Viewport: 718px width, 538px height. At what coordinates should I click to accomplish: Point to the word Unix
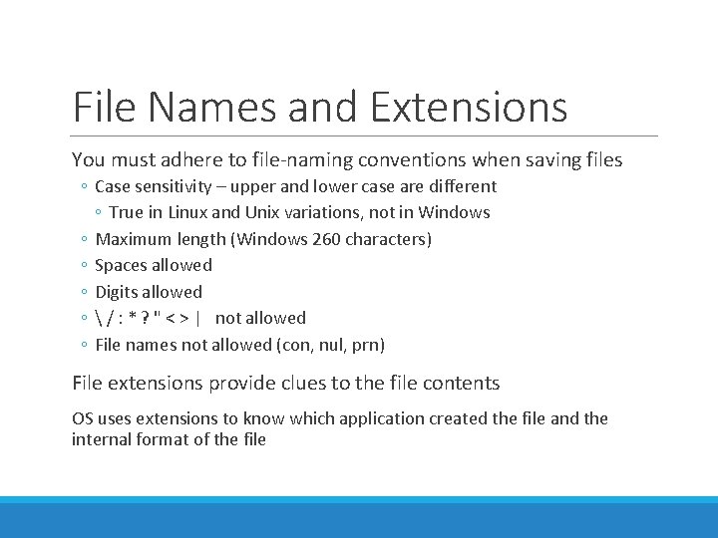pos(264,212)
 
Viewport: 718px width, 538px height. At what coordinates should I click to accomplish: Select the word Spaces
pos(122,265)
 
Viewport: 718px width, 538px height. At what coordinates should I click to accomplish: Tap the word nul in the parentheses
pos(328,345)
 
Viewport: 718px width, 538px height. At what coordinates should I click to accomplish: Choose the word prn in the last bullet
pos(366,345)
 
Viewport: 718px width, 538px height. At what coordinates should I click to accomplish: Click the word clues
pos(285,383)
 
